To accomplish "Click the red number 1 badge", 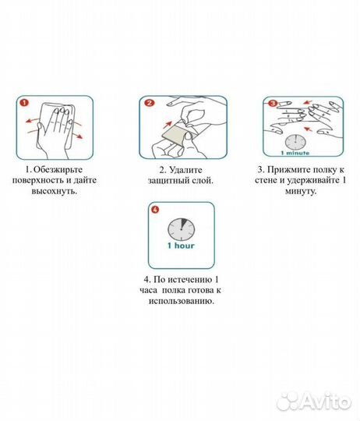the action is coord(24,103).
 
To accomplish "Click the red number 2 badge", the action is coord(150,103).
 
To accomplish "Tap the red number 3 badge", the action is coord(272,103).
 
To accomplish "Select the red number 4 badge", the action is coord(155,210).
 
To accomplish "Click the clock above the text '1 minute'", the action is coord(295,142).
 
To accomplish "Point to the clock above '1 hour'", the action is coord(182,229).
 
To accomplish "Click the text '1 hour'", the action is coord(181,246).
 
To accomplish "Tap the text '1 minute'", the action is coord(295,153).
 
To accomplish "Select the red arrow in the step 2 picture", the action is coord(167,125).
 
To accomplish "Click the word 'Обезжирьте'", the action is coord(58,170).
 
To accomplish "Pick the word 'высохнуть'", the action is coord(54,191).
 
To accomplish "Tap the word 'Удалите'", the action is coord(186,170).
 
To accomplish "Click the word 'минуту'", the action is coord(300,191).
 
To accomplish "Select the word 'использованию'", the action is coord(181,301).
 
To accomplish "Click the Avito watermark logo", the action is coord(314,402).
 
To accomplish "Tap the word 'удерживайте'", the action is coord(312,181).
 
